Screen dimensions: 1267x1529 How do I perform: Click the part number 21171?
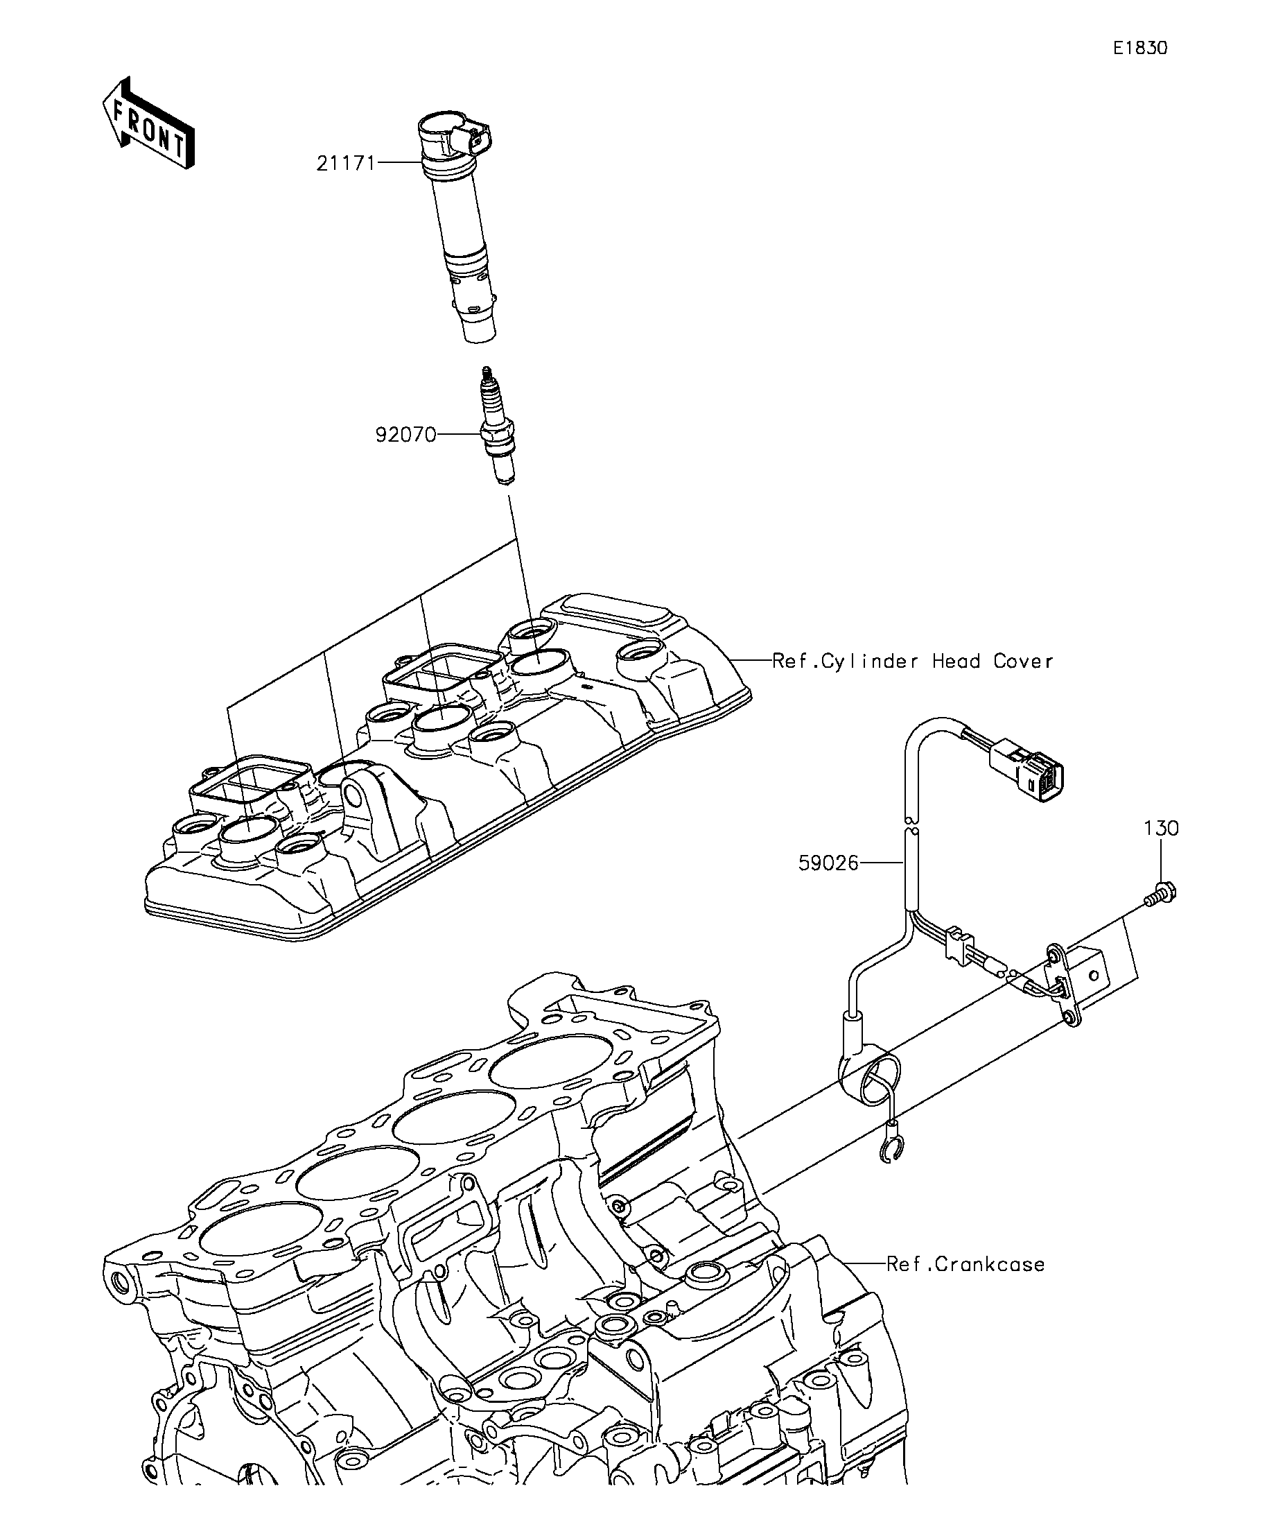[346, 163]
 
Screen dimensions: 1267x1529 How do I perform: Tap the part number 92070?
[405, 435]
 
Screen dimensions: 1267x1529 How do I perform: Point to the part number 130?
[1162, 829]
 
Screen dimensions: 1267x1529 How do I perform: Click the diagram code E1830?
[1140, 48]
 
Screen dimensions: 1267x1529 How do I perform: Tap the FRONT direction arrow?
[149, 123]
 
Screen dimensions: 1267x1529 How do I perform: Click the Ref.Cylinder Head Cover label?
[913, 661]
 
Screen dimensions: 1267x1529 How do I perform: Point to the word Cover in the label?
[1023, 661]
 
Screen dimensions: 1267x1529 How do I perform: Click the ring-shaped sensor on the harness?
[871, 1082]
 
